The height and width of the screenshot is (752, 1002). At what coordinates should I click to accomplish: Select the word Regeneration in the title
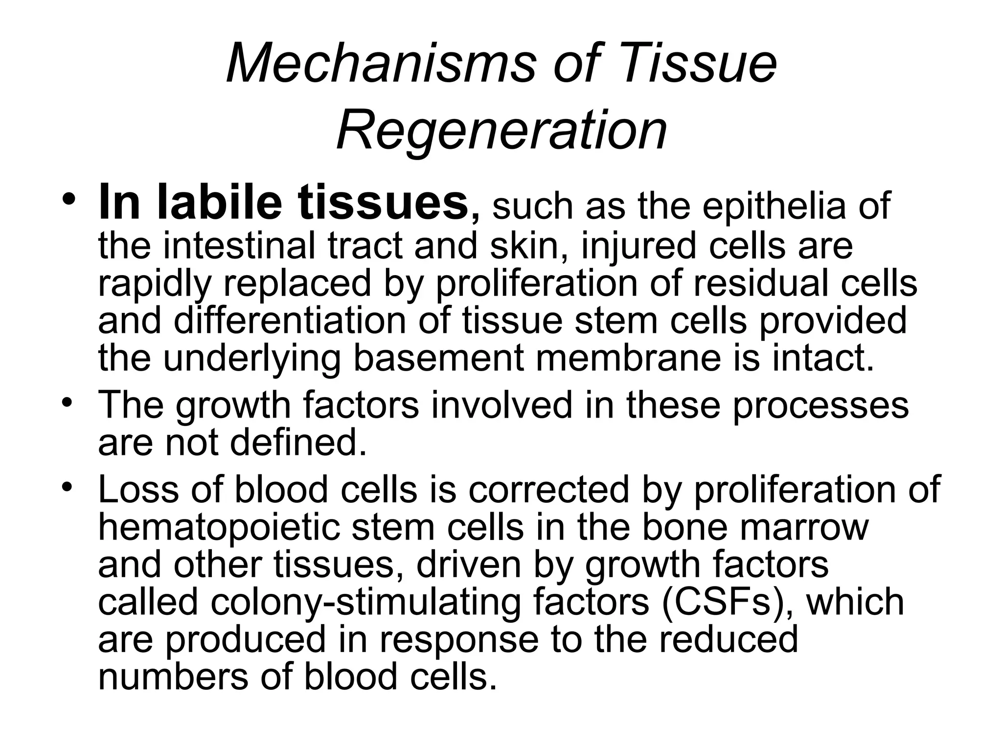(502, 130)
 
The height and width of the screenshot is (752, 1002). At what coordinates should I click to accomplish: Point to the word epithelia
(774, 206)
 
